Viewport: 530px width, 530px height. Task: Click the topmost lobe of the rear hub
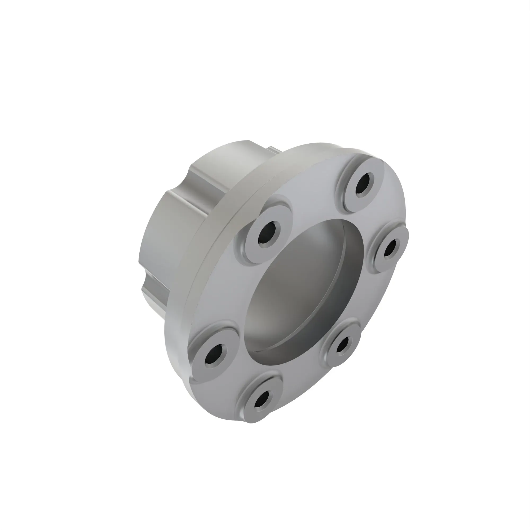pos(233,156)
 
